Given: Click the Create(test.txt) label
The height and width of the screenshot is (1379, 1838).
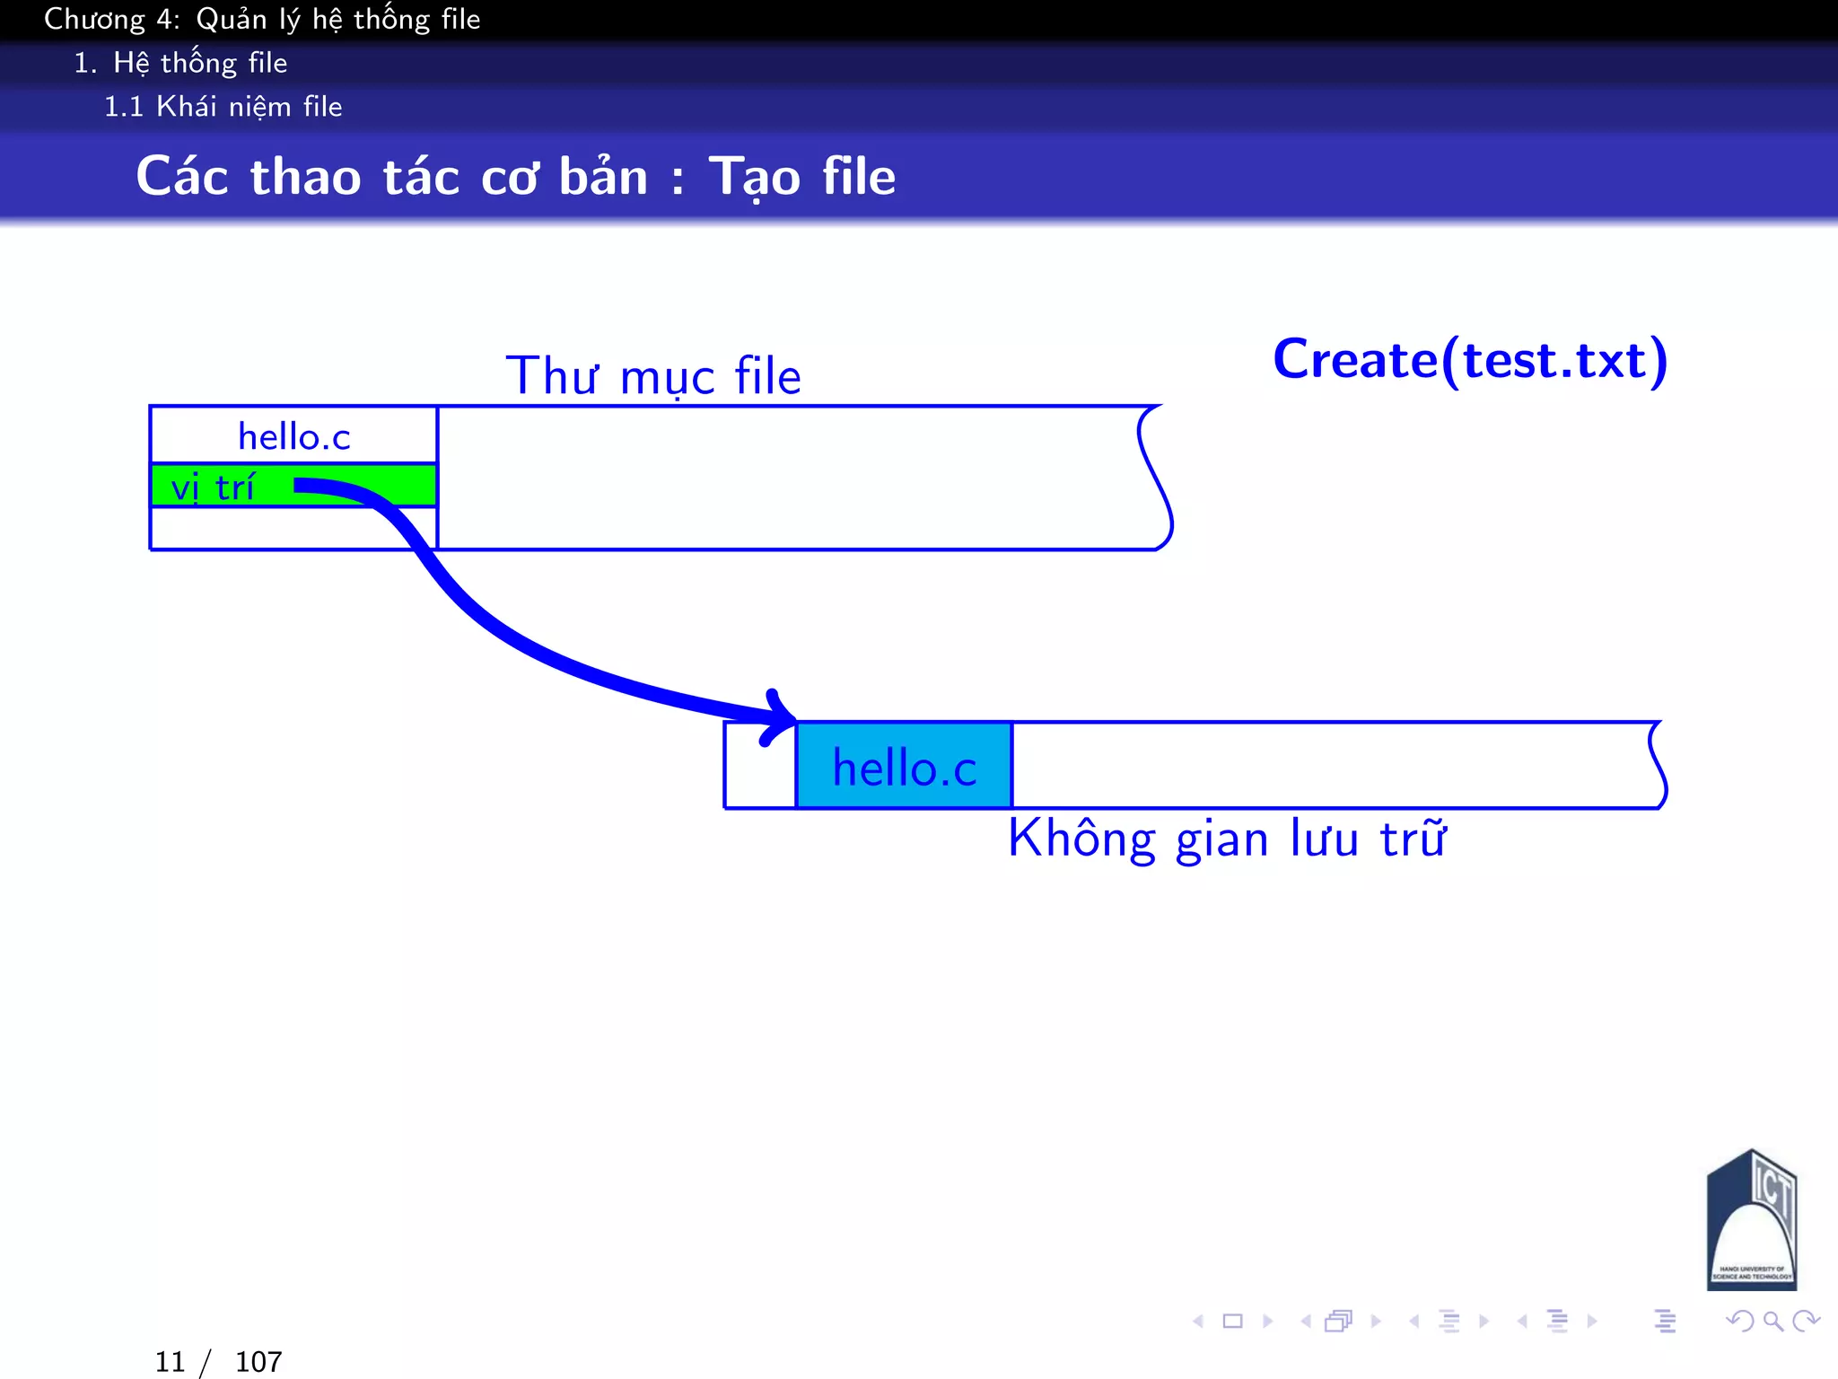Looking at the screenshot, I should point(1470,360).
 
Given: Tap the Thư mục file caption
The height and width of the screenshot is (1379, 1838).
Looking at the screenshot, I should point(653,375).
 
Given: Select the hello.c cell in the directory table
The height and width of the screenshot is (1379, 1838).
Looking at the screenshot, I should point(293,436).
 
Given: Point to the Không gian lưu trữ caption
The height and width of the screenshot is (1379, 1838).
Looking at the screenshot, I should point(1226,839).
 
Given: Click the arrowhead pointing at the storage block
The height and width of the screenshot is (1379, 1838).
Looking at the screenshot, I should point(779,717).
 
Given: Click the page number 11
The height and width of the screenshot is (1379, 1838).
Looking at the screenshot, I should point(170,1362).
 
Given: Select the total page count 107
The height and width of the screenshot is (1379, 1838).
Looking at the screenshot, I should point(258,1362).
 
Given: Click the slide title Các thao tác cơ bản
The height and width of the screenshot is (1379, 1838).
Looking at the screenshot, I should point(392,176).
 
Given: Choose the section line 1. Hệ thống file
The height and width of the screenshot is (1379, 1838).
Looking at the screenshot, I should point(180,63).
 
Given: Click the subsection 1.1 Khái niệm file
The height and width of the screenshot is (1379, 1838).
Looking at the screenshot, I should point(223,107).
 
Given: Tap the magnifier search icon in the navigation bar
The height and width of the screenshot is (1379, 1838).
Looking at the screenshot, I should point(1772,1321).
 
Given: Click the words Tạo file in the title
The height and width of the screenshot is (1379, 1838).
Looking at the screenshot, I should point(802,176).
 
